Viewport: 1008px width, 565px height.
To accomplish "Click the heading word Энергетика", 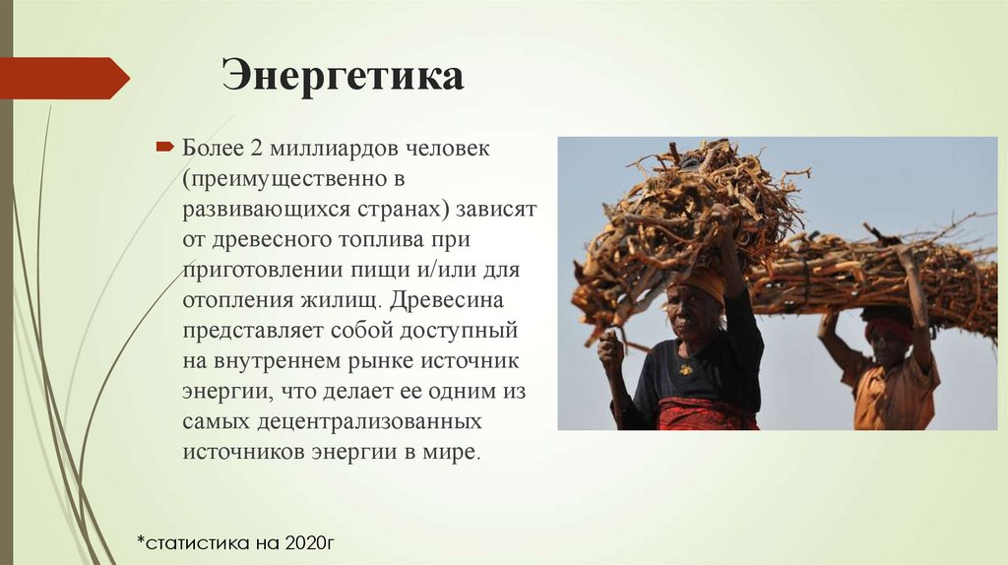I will coord(343,76).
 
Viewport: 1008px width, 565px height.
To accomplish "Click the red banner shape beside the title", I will coord(64,78).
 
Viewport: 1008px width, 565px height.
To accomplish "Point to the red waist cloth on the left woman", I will coord(707,414).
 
